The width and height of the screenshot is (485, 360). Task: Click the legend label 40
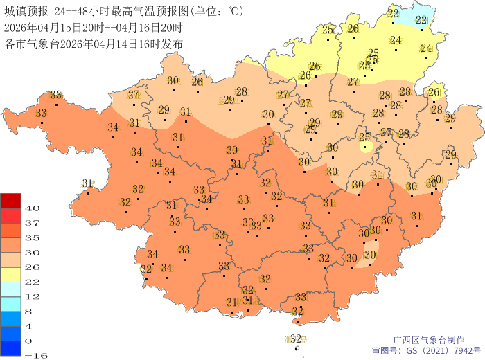tap(33, 208)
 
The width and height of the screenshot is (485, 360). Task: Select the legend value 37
tap(33, 223)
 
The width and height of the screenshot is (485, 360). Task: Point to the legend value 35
tap(33, 237)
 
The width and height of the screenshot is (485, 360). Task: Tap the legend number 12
tap(33, 296)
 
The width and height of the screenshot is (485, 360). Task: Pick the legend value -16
tap(35, 355)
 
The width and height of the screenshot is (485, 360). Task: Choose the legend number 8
tap(28, 311)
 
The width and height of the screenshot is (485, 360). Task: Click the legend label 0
tap(28, 341)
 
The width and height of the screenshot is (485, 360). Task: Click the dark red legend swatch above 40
tap(11, 200)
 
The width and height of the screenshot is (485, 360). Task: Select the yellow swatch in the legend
tap(11, 274)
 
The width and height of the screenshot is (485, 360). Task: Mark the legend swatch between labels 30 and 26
tap(11, 260)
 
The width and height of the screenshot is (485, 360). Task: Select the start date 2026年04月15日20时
tap(48, 28)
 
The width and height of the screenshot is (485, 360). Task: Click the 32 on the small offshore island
tap(296, 338)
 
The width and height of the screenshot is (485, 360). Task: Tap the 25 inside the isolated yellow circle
tap(364, 138)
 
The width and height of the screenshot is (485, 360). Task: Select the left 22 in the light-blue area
tap(393, 13)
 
